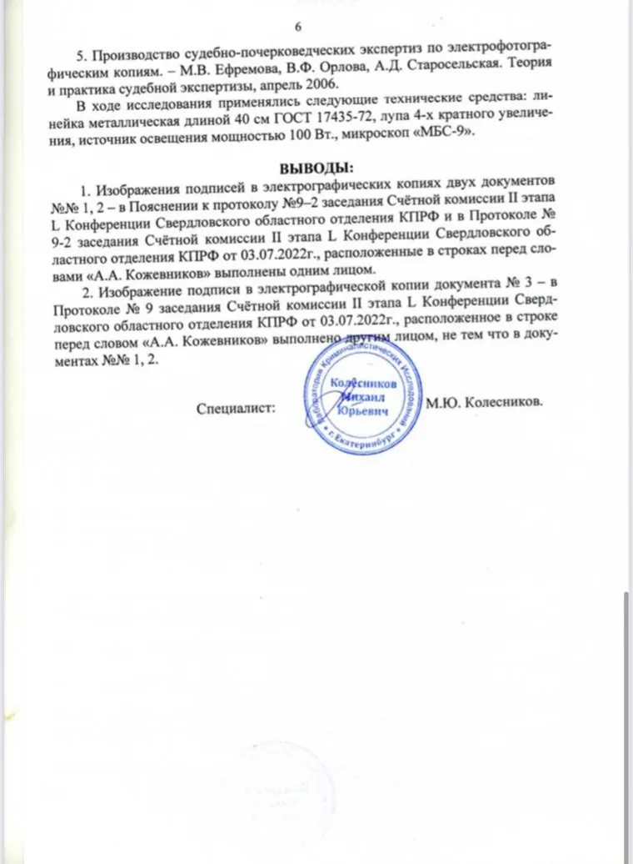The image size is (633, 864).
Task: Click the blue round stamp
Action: tap(360, 392)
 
